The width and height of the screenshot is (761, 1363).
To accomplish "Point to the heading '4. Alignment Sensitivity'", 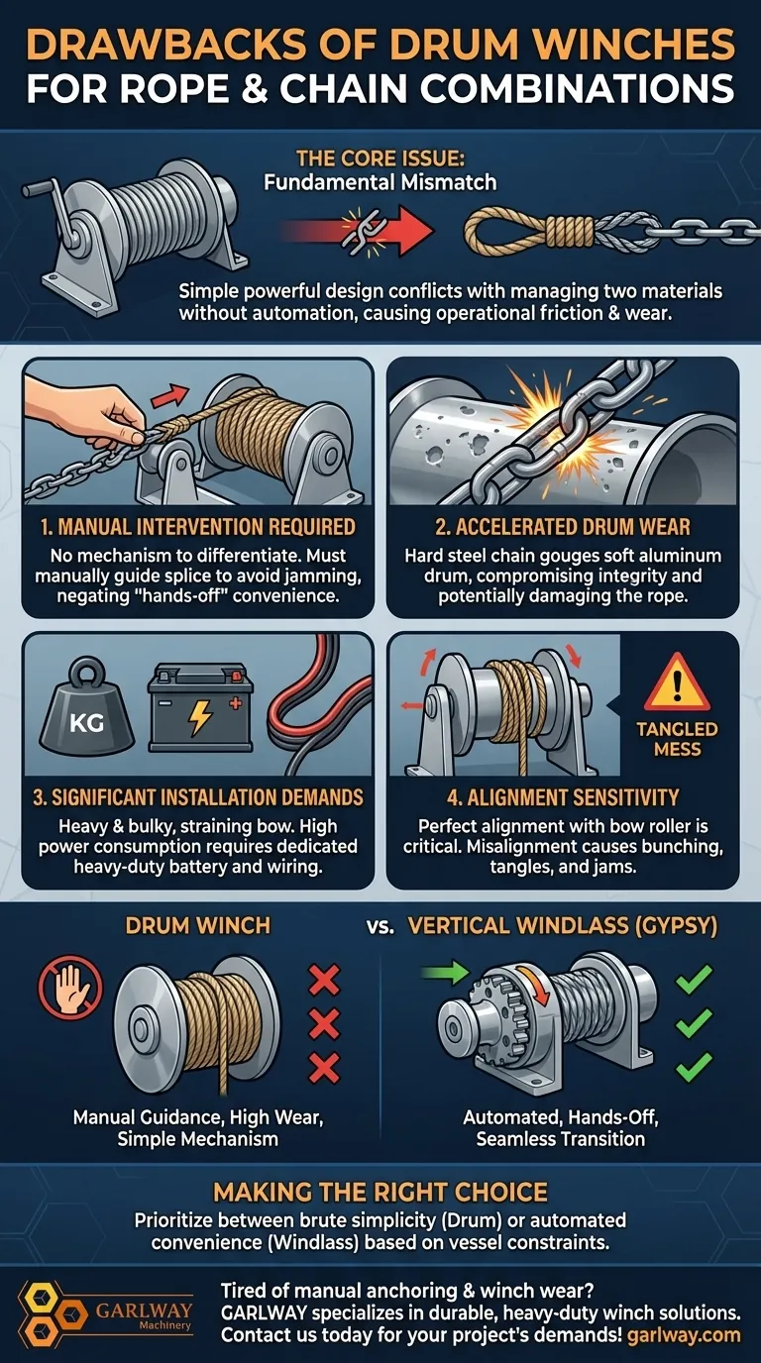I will coord(562,797).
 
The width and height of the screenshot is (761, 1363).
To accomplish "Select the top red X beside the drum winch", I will coord(324,980).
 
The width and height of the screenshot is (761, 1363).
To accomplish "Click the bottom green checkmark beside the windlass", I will coord(693,1066).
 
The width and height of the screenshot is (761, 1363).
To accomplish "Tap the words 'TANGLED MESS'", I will coord(677,739).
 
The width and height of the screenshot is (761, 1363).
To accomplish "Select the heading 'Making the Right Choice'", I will coord(380,1192).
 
